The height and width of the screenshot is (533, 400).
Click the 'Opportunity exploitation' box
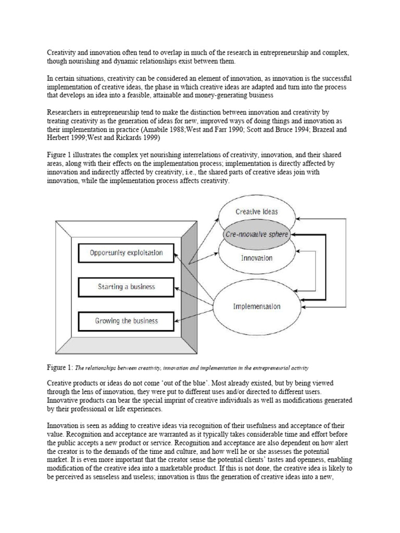pyautogui.click(x=126, y=253)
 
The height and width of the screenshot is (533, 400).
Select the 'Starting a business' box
pyautogui.click(x=126, y=287)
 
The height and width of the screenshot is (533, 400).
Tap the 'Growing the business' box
pyautogui.click(x=126, y=321)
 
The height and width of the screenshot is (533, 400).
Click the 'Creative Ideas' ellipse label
pyautogui.click(x=256, y=211)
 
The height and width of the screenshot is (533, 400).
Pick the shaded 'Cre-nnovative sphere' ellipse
pyautogui.click(x=256, y=234)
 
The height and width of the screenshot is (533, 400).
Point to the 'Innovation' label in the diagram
pyautogui.click(x=256, y=258)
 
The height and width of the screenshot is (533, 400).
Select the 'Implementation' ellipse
pyautogui.click(x=256, y=306)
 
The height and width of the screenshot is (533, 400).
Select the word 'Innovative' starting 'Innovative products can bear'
pyautogui.click(x=65, y=400)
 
